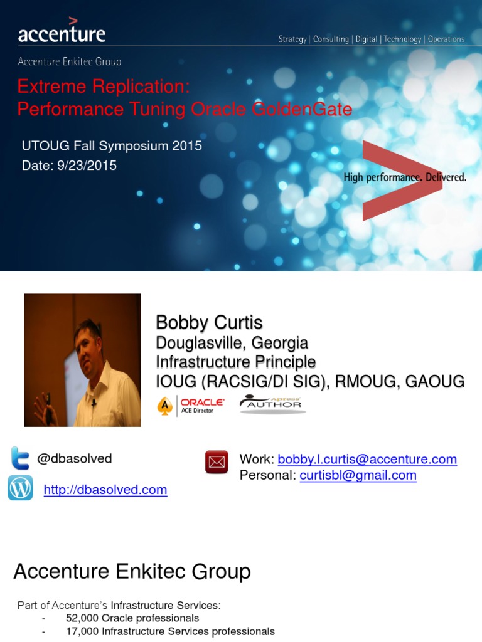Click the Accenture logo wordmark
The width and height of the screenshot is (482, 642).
pyautogui.click(x=62, y=33)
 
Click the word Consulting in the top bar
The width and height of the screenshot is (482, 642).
pyautogui.click(x=331, y=39)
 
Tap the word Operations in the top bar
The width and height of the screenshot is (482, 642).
pyautogui.click(x=446, y=39)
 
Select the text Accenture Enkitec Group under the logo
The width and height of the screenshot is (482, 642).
pyautogui.click(x=69, y=61)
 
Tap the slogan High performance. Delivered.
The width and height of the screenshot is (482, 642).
pyautogui.click(x=405, y=177)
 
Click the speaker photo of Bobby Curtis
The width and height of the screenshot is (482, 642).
pyautogui.click(x=82, y=360)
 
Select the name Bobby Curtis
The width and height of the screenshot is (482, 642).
pyautogui.click(x=209, y=322)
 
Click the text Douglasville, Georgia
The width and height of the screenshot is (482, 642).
pyautogui.click(x=232, y=343)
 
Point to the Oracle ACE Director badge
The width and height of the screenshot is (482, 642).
pyautogui.click(x=191, y=405)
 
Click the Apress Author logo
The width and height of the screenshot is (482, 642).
pyautogui.click(x=270, y=404)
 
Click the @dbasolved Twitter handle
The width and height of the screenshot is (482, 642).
pyautogui.click(x=75, y=458)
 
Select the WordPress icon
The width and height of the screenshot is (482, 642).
pyautogui.click(x=20, y=488)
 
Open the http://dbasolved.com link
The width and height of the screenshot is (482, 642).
pyautogui.click(x=105, y=490)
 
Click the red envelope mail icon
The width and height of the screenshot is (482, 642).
pyautogui.click(x=217, y=462)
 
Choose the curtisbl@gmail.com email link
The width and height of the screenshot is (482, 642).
pyautogui.click(x=358, y=475)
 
